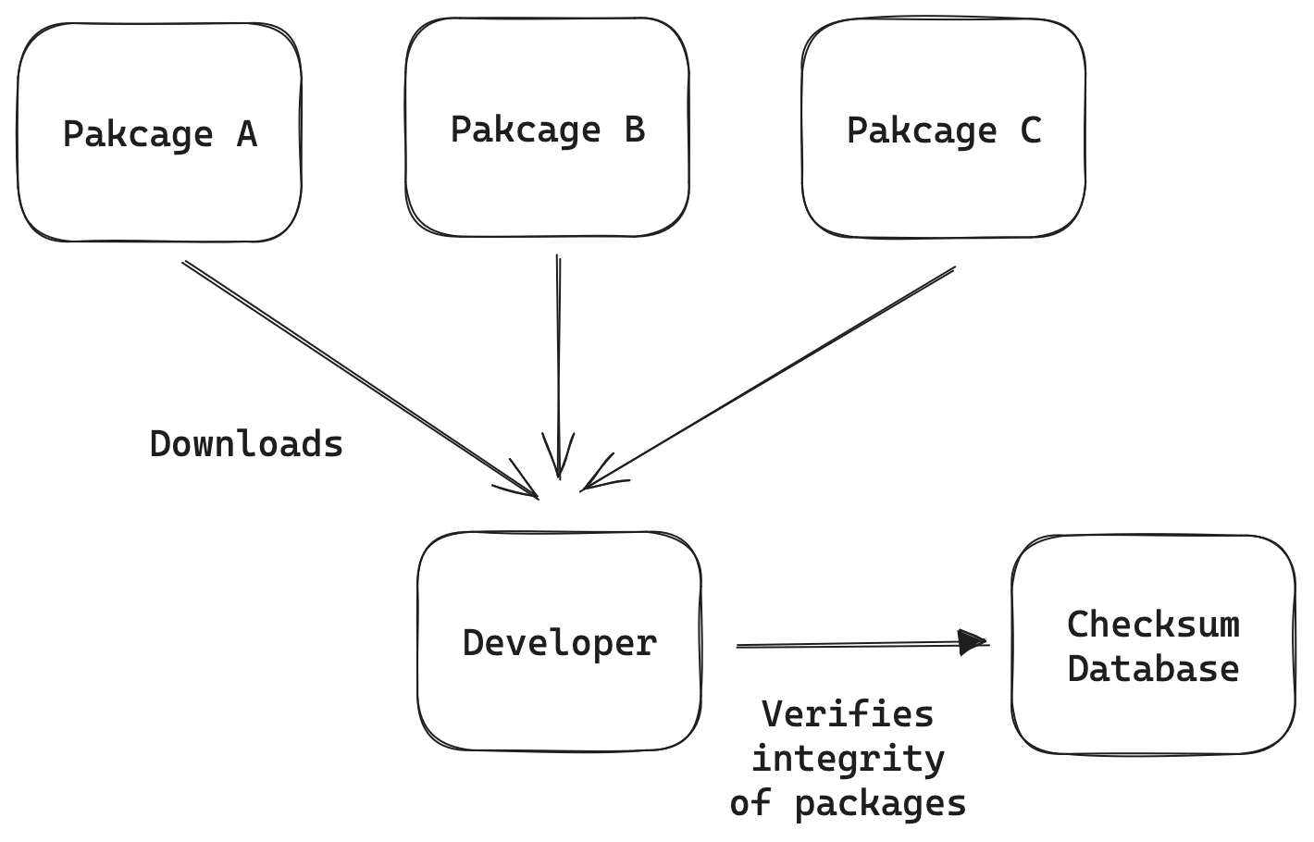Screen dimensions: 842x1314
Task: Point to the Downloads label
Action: (x=246, y=445)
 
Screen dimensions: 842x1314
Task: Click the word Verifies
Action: (x=848, y=714)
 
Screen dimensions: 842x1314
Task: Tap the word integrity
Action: (x=848, y=759)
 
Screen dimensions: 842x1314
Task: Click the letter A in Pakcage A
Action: (x=246, y=135)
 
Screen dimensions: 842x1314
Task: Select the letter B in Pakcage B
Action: (x=635, y=130)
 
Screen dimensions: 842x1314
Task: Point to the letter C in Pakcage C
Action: (x=1030, y=130)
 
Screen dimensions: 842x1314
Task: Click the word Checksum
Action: (x=1153, y=625)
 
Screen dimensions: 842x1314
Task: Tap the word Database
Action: (x=1153, y=669)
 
